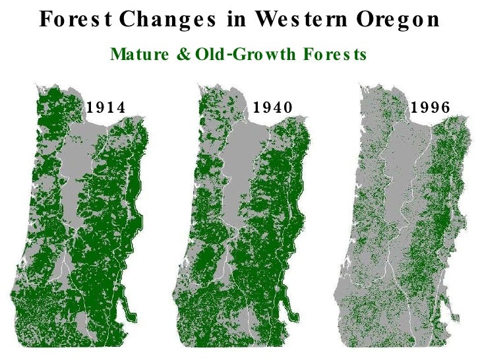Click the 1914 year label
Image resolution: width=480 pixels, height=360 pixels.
[x=106, y=107]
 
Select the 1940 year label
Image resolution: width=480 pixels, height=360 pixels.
[x=273, y=107]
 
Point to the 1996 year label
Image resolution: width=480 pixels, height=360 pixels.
[x=431, y=107]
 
